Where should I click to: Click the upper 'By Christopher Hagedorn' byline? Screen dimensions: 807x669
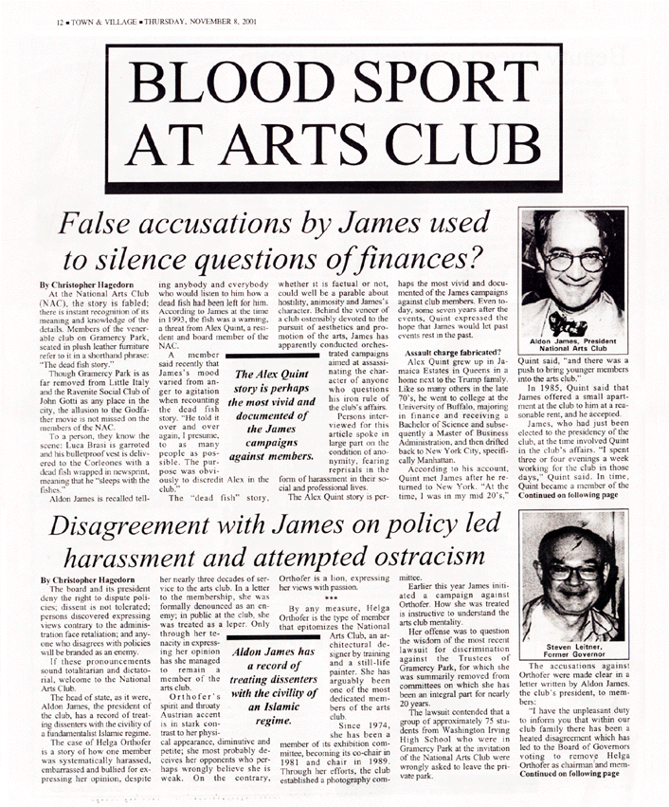[85, 284]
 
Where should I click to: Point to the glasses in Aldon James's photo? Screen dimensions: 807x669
[572, 258]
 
